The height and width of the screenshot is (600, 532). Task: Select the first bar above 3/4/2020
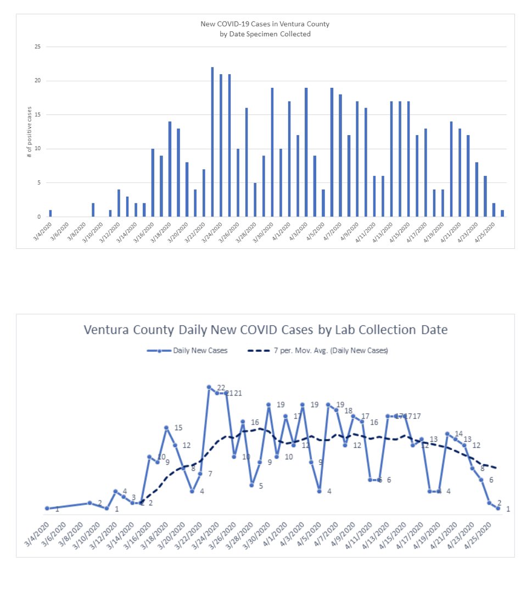[51, 213]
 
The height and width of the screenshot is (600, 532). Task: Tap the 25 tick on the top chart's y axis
[37, 47]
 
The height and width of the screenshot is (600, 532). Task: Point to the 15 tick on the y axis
[37, 115]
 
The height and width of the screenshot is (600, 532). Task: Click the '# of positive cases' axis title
[30, 132]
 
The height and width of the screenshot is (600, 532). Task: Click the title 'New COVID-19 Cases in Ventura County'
[265, 24]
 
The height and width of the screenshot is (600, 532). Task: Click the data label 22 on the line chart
[221, 388]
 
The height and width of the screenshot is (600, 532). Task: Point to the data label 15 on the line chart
[178, 428]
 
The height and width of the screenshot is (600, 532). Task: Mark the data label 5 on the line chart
[261, 486]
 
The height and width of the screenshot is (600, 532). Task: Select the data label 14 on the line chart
[459, 434]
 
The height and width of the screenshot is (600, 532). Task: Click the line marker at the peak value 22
[209, 387]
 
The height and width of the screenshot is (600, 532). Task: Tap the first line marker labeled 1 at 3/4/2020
[47, 508]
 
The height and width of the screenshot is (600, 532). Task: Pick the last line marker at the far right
[498, 508]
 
